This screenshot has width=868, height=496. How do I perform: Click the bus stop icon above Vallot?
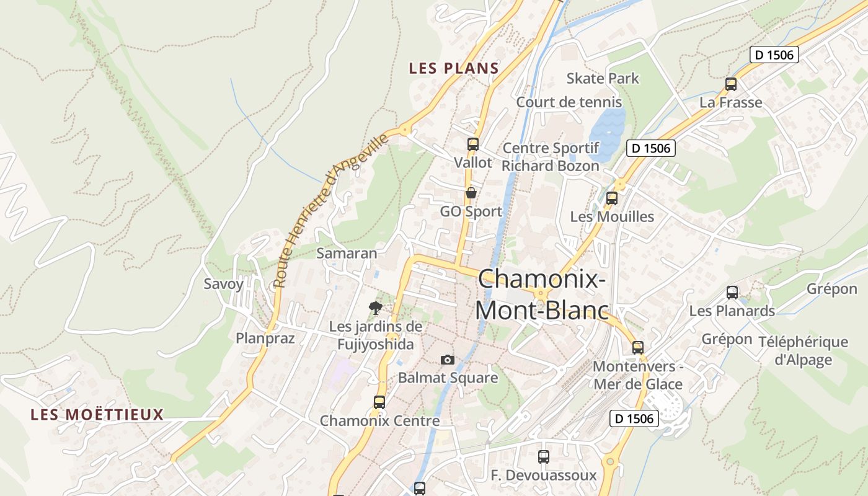tap(473, 144)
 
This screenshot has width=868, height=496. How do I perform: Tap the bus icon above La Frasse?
tap(731, 84)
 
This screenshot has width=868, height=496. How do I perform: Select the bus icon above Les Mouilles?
tap(612, 198)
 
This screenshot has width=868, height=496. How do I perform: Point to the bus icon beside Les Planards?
tap(732, 293)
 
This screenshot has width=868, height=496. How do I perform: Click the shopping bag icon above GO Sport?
tap(471, 193)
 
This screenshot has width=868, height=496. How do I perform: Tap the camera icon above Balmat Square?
tap(447, 360)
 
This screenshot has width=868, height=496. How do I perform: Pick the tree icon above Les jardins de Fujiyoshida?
tap(375, 308)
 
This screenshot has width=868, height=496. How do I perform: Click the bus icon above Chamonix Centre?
tap(379, 402)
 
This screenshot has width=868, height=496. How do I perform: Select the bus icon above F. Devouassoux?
tap(544, 457)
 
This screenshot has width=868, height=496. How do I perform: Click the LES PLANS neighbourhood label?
tap(454, 69)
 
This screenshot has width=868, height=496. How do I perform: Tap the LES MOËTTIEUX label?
tap(97, 415)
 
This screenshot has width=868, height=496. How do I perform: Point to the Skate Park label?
tap(603, 79)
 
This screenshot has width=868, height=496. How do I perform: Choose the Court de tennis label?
tap(569, 102)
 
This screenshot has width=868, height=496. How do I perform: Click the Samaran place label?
tap(347, 253)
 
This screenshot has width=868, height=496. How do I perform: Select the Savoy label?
tap(224, 284)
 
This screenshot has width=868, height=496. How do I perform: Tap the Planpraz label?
tap(265, 338)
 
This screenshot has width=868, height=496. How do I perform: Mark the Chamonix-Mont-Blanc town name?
tap(542, 294)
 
